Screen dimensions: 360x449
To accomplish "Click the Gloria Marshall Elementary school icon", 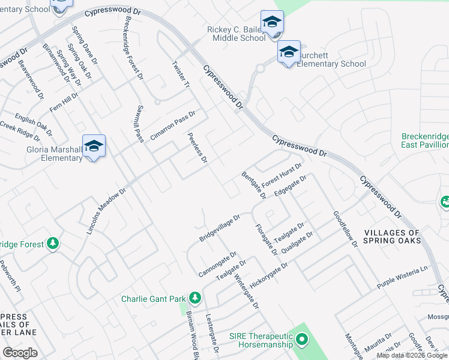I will coord(94,146).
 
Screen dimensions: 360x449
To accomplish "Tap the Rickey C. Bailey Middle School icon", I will coord(272,23).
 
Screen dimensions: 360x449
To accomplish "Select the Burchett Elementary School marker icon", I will coord(289,52).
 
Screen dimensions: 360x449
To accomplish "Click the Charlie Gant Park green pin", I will coord(194,298).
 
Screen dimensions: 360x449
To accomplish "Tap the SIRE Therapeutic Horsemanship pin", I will coord(301,340).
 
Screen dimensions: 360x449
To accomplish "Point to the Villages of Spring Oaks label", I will coord(393,236).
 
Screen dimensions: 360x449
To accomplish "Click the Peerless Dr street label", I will coord(197,148).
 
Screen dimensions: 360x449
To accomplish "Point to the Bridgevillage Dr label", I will coord(220,228).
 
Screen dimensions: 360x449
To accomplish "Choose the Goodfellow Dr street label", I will coord(345,229).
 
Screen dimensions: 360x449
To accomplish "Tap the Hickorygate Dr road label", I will coord(269,274).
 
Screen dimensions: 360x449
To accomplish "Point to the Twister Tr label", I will coord(181,75).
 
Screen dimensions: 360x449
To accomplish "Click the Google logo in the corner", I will coord(20,352).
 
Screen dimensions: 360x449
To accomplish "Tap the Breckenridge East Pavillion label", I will coord(426,140).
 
